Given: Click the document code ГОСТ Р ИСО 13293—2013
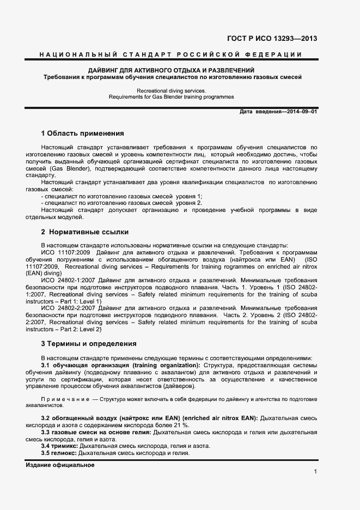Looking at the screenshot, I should pos(272,39).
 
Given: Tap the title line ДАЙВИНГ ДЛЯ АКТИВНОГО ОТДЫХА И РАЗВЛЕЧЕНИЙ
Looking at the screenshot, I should pos(171,70).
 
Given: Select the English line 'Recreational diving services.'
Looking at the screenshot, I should pos(171,90).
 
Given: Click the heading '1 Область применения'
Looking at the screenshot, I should pos(82,133).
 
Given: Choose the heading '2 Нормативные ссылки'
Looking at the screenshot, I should pos(77,232).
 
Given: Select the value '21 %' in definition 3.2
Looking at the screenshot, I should pos(180,425).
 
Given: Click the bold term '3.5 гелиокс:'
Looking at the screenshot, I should pos(59,453).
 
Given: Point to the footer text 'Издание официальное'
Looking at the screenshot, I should pos(60,465).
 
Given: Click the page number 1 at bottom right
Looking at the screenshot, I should pos(315,471).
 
